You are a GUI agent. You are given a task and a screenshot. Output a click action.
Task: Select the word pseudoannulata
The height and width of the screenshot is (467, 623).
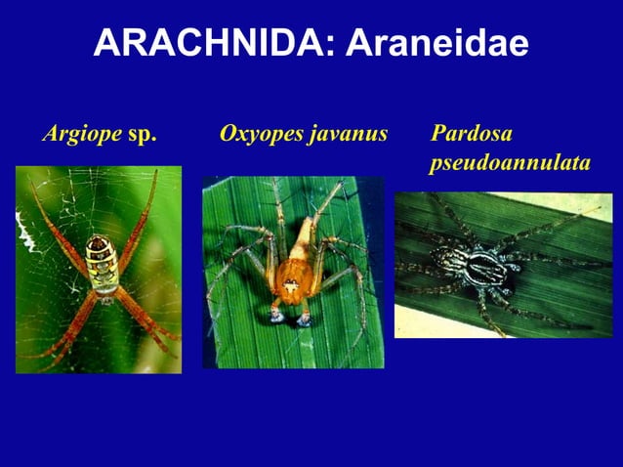pyautogui.click(x=510, y=162)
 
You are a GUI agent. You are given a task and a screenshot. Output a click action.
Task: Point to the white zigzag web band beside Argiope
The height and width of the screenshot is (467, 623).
pyautogui.click(x=23, y=231)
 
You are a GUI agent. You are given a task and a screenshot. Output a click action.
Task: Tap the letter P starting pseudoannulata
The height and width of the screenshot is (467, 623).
pyautogui.click(x=436, y=164)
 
